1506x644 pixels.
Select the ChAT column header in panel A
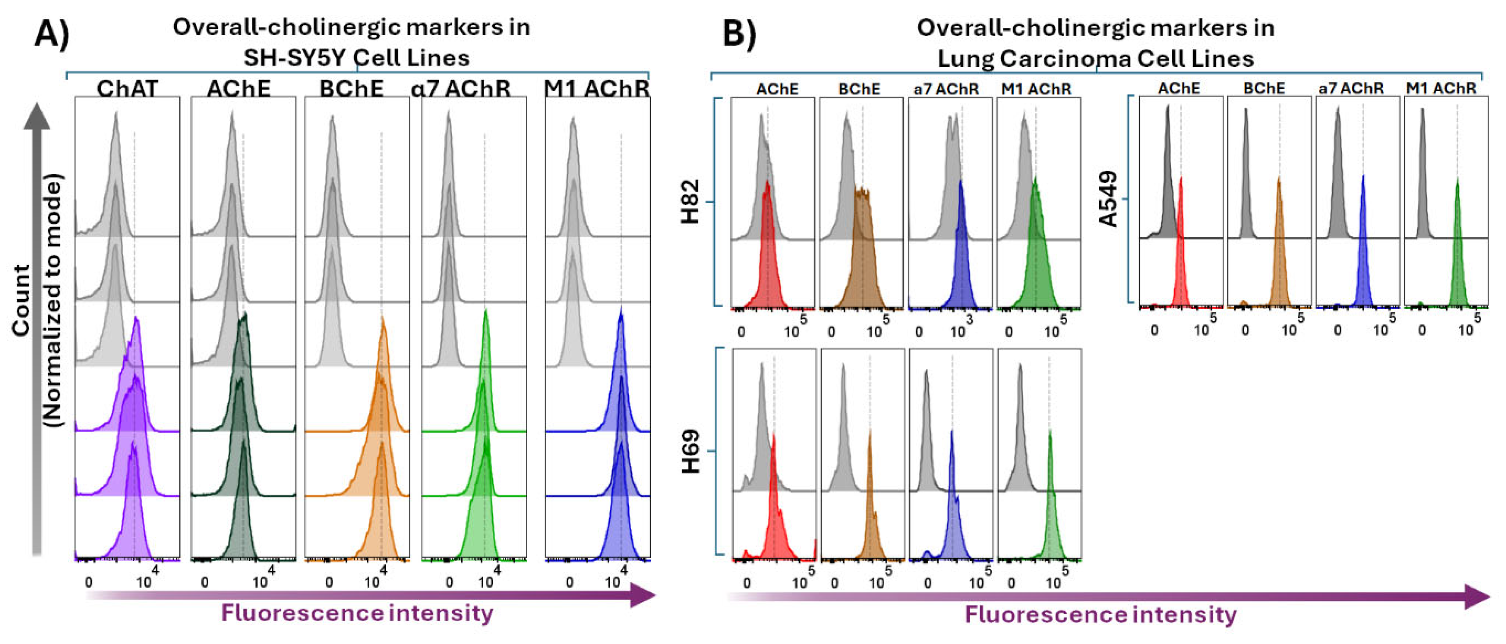click(x=128, y=89)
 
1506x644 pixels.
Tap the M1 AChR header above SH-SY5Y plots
click(x=596, y=89)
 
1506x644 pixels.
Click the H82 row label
click(x=691, y=202)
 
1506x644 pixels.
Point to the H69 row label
click(x=691, y=451)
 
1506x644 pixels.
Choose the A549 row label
click(x=1108, y=199)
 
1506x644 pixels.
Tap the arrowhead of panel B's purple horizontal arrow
click(x=1476, y=597)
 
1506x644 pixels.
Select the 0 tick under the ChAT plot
click(x=89, y=583)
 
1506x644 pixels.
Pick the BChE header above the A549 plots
click(x=1264, y=88)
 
